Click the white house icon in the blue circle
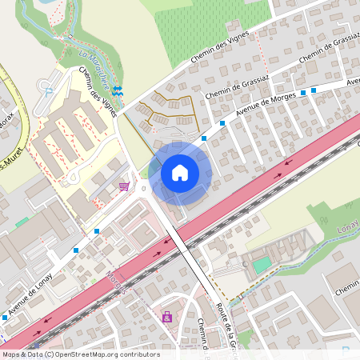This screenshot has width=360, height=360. (180, 173)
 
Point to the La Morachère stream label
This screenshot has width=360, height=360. (95, 66)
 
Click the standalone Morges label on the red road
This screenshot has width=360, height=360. (116, 281)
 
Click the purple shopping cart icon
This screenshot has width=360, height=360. (124, 186)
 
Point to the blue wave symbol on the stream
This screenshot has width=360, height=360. (118, 92)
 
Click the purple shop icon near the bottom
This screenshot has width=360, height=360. (167, 318)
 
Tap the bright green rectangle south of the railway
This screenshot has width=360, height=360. (262, 263)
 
